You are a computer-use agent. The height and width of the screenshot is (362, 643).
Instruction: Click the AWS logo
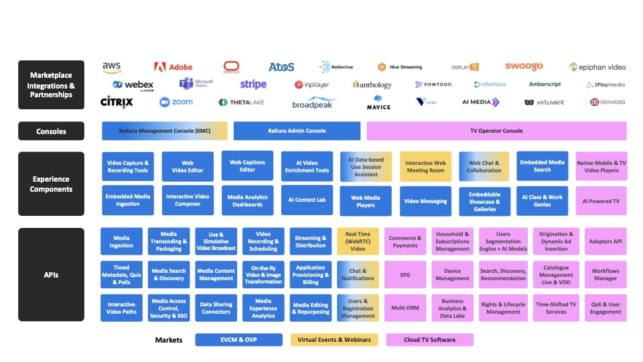click(x=111, y=67)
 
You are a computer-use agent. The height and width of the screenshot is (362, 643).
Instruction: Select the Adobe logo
click(x=173, y=67)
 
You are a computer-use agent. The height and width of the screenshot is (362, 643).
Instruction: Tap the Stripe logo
click(x=253, y=84)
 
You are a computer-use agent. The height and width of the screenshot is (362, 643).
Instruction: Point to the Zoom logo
click(x=176, y=102)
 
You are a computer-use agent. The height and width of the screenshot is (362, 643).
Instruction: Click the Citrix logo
click(x=117, y=102)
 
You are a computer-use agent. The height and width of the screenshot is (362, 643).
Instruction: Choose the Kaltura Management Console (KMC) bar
click(x=165, y=131)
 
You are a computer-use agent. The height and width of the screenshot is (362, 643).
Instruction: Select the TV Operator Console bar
click(x=496, y=131)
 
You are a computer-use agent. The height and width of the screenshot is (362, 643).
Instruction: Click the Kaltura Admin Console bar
click(x=297, y=131)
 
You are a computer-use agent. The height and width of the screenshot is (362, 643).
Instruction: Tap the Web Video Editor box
click(x=188, y=166)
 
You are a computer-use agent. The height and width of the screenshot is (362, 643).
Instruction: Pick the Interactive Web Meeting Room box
click(x=425, y=166)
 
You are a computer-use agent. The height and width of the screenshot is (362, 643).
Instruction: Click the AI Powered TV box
click(x=601, y=201)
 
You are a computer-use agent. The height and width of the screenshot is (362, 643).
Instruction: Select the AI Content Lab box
click(x=307, y=200)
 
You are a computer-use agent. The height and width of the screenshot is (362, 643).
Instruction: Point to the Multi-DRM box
click(x=405, y=308)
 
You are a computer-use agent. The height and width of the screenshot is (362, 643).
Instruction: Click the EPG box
click(x=405, y=275)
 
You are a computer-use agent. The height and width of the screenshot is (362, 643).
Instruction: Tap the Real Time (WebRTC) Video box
click(x=358, y=241)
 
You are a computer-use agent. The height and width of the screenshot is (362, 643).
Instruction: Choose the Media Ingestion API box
click(x=121, y=241)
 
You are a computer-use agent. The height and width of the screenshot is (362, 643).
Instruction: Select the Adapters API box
click(x=605, y=241)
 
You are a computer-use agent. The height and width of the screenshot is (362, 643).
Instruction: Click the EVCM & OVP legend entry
click(x=238, y=340)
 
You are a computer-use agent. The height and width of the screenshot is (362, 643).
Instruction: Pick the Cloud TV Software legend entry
click(x=429, y=340)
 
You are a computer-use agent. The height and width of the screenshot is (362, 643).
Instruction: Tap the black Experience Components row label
click(x=51, y=184)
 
